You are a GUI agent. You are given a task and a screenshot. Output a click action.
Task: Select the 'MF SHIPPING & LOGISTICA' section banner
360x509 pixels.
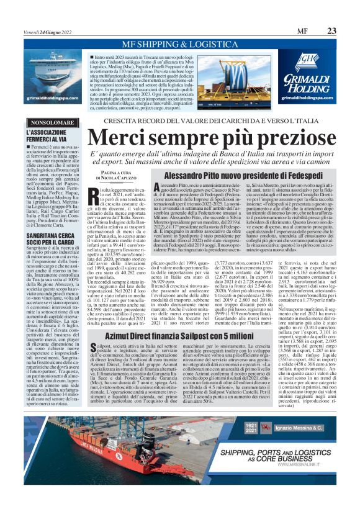pyautogui.click(x=180, y=45)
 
